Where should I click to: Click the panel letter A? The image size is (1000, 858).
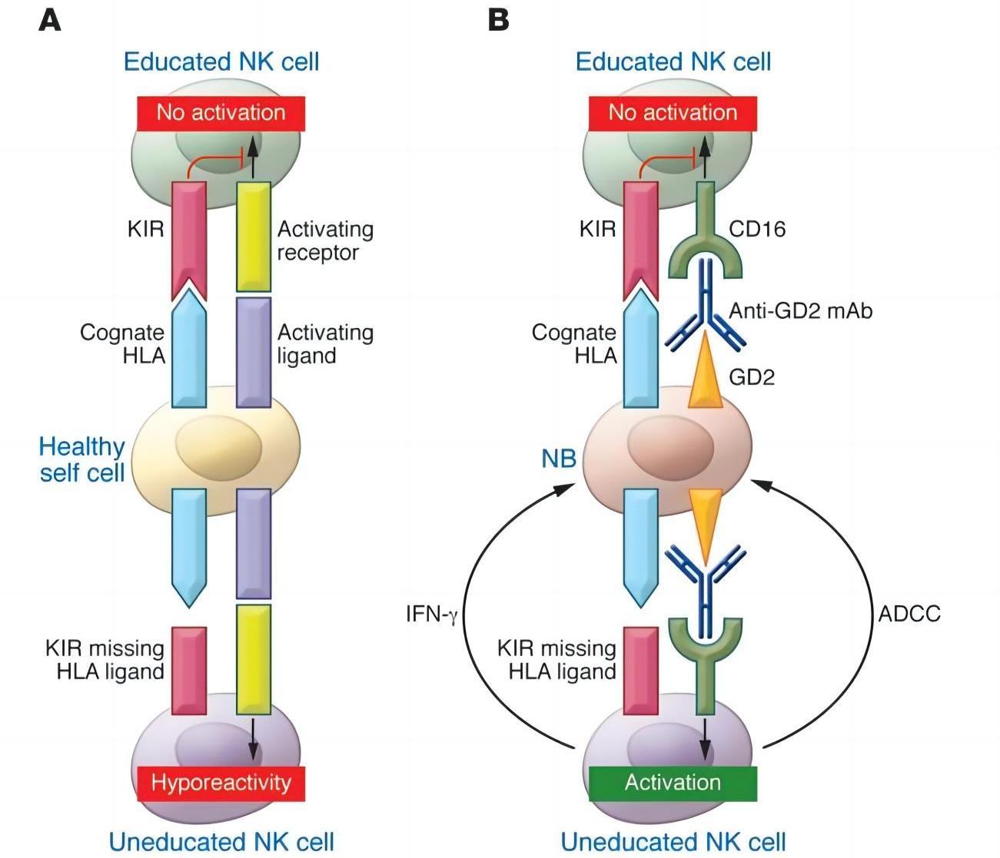(50, 20)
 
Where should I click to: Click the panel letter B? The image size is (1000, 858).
(498, 20)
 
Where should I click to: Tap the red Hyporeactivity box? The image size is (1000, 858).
(221, 783)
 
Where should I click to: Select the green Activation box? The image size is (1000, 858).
(673, 783)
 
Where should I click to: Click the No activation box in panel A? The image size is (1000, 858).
(221, 113)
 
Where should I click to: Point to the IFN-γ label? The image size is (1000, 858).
(431, 615)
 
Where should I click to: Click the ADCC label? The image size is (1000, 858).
(909, 614)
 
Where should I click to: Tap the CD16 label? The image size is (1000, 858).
(757, 229)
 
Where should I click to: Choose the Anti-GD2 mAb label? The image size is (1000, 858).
(801, 311)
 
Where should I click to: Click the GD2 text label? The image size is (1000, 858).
(752, 377)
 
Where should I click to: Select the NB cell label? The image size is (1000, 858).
(559, 459)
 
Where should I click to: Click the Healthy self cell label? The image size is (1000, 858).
(82, 459)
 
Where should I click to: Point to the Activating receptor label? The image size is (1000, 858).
(324, 240)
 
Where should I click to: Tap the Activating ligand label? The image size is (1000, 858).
(324, 344)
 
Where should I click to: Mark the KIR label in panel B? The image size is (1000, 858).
(597, 229)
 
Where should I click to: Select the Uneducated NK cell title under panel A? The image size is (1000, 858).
(221, 842)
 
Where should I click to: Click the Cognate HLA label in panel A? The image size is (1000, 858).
(123, 344)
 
